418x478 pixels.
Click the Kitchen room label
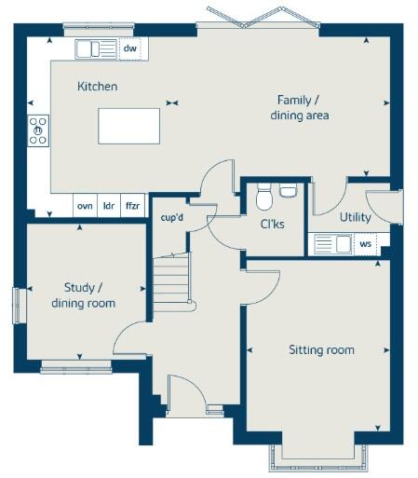pos(97,86)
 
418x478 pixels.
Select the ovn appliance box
pos(85,205)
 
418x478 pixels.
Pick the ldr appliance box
pos(109,205)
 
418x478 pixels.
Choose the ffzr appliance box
pos(133,205)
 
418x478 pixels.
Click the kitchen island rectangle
pos(128,125)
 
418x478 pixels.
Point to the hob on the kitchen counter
pos(39,130)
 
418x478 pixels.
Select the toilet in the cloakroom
pos(263,198)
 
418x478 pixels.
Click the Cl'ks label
pos(273,223)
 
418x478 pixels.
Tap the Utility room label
pos(355,217)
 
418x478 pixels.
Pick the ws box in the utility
pos(365,244)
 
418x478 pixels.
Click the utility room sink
pos(331,244)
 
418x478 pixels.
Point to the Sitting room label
pos(320,349)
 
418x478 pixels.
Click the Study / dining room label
pos(83,294)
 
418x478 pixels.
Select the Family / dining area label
pos(299,107)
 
